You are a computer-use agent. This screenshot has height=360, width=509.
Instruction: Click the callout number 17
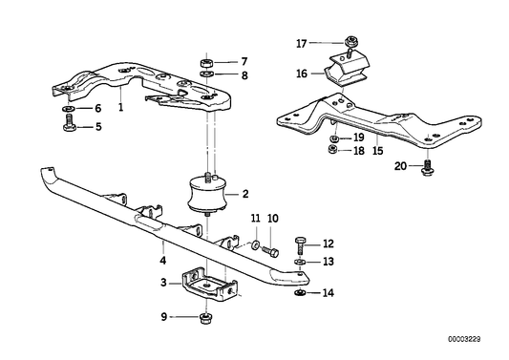302,43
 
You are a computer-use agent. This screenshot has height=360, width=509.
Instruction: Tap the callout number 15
377,151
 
